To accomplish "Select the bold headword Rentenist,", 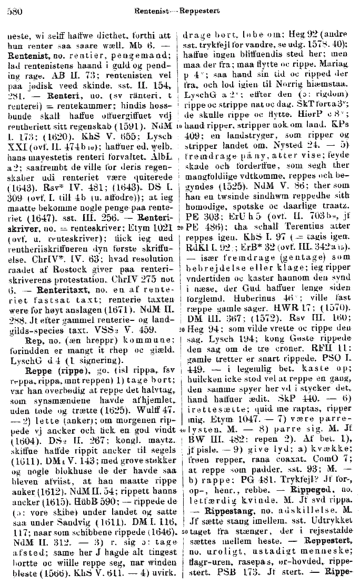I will [x=29, y=54].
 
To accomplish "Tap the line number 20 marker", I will [x=179, y=227].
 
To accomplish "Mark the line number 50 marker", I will [x=179, y=529].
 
